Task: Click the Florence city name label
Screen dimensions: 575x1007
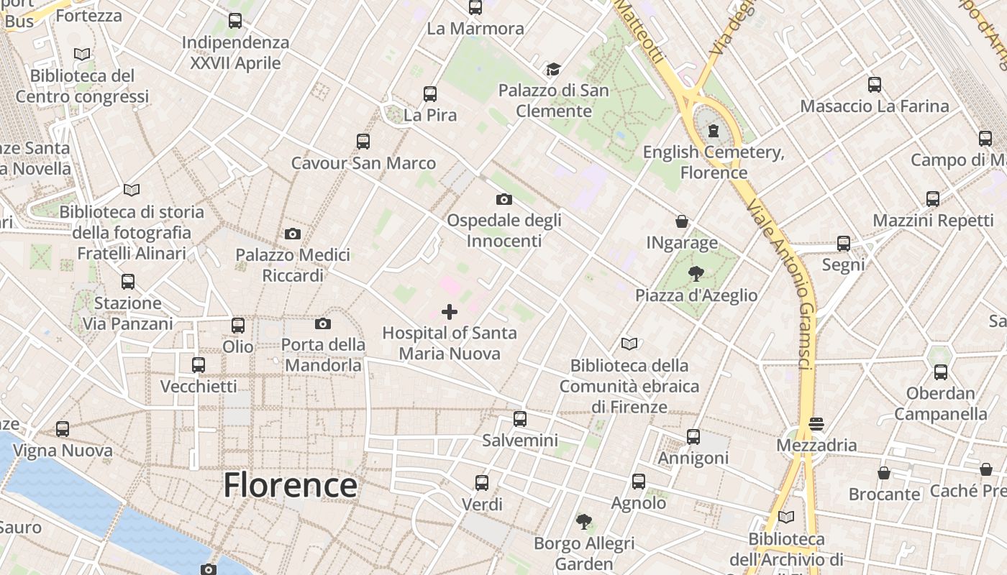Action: point(290,485)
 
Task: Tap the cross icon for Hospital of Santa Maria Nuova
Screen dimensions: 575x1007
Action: point(450,311)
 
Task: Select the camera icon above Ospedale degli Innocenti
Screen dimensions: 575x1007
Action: point(504,199)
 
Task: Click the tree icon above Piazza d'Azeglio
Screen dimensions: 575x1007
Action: point(696,273)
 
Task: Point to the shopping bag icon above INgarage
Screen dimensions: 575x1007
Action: point(681,221)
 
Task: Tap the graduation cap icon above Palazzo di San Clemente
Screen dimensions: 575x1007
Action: point(553,69)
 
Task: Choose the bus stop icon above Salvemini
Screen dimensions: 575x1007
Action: point(520,418)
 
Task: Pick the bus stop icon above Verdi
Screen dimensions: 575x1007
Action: point(482,482)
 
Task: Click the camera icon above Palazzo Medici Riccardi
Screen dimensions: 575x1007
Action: point(293,234)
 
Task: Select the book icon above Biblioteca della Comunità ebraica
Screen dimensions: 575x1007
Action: point(629,344)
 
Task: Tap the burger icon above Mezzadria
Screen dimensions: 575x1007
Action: point(816,424)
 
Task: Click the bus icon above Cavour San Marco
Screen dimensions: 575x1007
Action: point(363,141)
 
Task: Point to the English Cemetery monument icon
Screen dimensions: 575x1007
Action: point(713,130)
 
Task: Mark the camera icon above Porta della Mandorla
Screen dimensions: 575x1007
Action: point(323,323)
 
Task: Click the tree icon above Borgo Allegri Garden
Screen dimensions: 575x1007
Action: point(584,521)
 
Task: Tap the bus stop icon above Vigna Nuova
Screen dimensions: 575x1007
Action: point(63,429)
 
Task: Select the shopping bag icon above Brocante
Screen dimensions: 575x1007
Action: point(884,472)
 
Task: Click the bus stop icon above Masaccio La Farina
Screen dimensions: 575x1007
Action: point(875,84)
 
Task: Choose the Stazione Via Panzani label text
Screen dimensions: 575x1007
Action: point(128,313)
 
